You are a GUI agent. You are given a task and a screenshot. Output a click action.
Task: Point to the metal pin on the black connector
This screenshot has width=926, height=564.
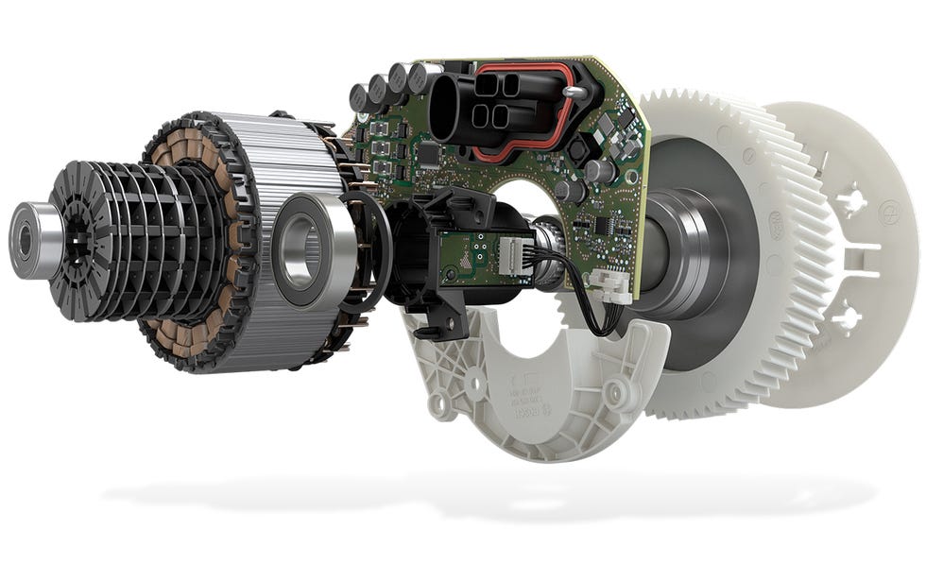(x=573, y=91)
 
